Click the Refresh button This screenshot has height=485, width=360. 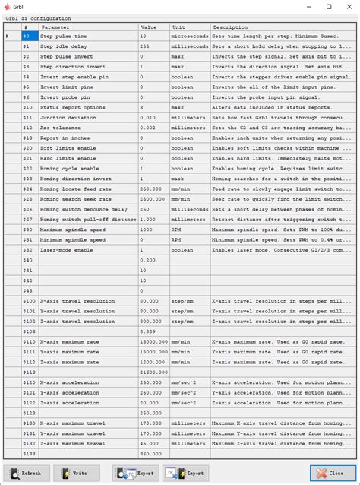pyautogui.click(x=27, y=473)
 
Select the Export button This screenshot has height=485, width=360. pyautogui.click(x=136, y=473)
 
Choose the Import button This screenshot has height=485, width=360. pyautogui.click(x=185, y=473)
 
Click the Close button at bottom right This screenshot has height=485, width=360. pyautogui.click(x=331, y=473)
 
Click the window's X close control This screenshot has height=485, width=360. pyautogui.click(x=349, y=6)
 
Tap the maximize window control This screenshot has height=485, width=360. pyautogui.click(x=329, y=6)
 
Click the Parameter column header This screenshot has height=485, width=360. pyautogui.click(x=87, y=27)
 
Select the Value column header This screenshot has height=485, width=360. pyautogui.click(x=153, y=27)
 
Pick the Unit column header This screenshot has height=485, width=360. pyautogui.click(x=190, y=27)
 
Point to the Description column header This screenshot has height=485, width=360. pyautogui.click(x=281, y=27)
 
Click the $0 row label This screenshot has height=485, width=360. pyautogui.click(x=27, y=36)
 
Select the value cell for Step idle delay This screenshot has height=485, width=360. pyautogui.click(x=153, y=46)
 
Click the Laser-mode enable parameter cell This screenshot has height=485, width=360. pyautogui.click(x=87, y=249)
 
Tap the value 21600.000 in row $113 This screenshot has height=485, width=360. pyautogui.click(x=153, y=372)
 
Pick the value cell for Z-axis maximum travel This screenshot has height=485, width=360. pyautogui.click(x=153, y=442)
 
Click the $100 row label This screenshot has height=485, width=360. pyautogui.click(x=29, y=300)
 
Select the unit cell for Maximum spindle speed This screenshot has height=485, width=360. pyautogui.click(x=190, y=229)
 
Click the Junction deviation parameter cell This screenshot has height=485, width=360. pyautogui.click(x=87, y=117)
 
